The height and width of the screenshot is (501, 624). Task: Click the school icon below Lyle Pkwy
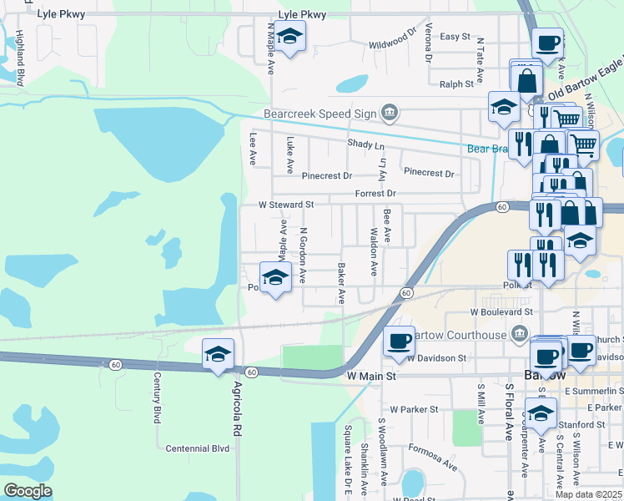289,37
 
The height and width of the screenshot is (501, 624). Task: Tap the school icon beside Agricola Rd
218,354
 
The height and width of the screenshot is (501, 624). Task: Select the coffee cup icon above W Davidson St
400,341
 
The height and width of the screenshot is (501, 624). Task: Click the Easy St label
455,37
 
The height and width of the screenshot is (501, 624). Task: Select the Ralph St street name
456,84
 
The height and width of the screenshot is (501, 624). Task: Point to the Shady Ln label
366,145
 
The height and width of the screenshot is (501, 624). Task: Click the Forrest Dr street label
375,194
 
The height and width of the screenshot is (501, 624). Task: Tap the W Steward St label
285,204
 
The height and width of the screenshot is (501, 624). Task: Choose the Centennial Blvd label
197,448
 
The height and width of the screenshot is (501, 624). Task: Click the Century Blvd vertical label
156,397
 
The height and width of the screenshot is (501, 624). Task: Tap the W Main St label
370,377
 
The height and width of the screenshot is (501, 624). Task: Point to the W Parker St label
414,409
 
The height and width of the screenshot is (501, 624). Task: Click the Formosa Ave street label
432,457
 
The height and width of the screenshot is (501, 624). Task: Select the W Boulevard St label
501,311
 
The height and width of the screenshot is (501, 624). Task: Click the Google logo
28,491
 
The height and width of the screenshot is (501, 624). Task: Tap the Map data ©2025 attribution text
588,494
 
